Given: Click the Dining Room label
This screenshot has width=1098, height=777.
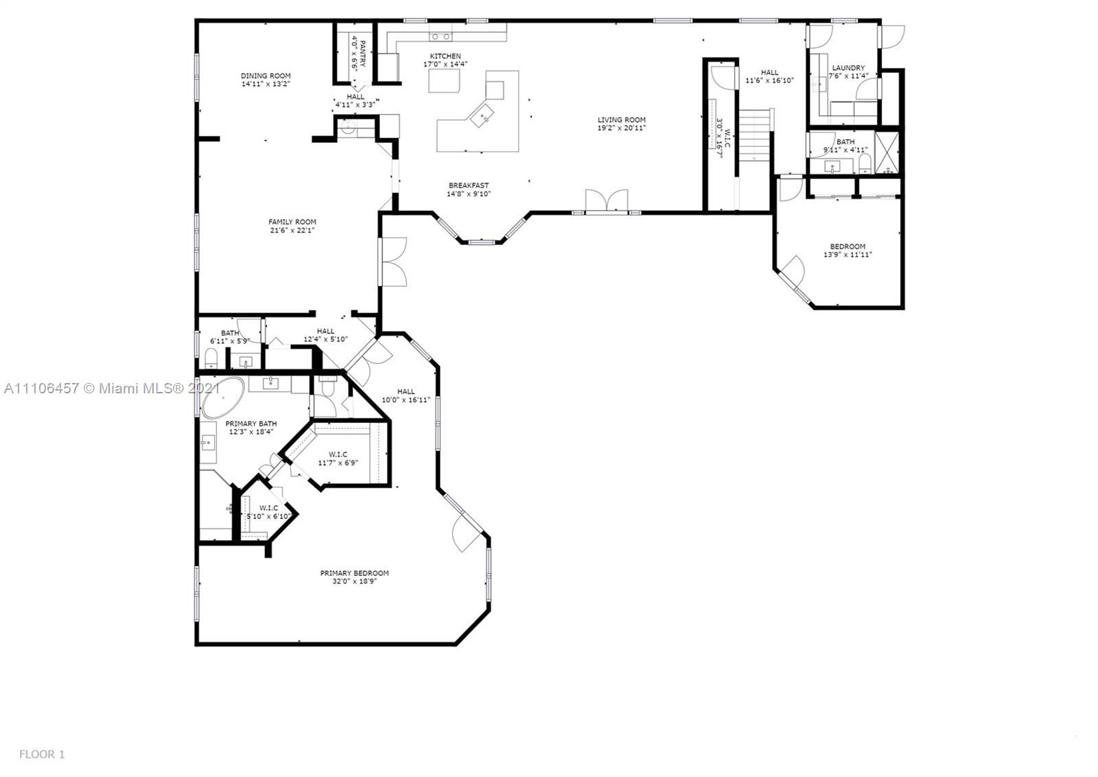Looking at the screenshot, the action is [x=266, y=76].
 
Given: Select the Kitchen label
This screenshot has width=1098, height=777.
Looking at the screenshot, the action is [x=445, y=56].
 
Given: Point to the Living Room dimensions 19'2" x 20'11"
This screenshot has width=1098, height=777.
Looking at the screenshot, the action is [x=622, y=128].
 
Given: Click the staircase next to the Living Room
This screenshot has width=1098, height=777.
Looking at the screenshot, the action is [x=756, y=135].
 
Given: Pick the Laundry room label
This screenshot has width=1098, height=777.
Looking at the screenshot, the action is [x=848, y=68].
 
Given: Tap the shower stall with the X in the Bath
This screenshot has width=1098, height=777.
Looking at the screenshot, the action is [x=887, y=153].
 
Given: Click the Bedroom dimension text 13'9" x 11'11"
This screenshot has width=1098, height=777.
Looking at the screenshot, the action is [x=848, y=255].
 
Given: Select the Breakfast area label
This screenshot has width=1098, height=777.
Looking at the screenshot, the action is [x=469, y=185].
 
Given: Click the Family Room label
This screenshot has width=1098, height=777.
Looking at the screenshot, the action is [x=292, y=222].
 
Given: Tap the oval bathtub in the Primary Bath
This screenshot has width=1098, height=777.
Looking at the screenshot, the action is [x=222, y=397].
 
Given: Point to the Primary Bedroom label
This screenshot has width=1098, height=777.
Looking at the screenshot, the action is [x=354, y=573].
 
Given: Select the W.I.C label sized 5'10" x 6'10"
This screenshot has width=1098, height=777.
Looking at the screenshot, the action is [x=268, y=508].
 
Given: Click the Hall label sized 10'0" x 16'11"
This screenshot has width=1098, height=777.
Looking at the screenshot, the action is [x=406, y=391].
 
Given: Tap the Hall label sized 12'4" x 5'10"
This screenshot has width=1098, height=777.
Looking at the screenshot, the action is [x=325, y=331].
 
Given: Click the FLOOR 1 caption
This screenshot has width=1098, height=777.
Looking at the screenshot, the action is [x=42, y=754].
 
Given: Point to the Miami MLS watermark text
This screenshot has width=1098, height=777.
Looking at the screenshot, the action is [x=113, y=388].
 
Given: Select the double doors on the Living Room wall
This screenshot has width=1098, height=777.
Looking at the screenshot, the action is [x=607, y=202].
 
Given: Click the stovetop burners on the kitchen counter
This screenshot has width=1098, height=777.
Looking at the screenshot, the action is [x=440, y=36].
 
